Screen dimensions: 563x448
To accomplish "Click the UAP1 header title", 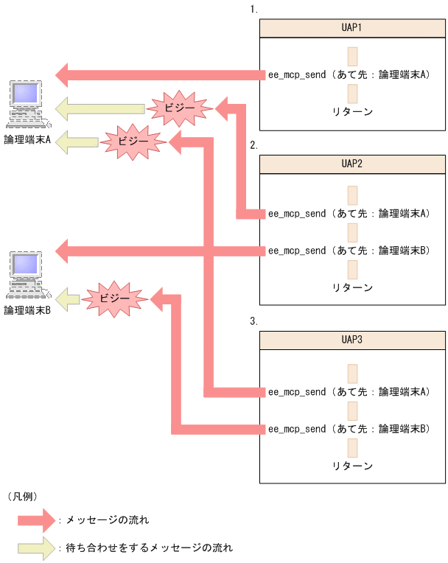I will coord(352,28).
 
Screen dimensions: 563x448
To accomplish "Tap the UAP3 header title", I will coord(352,342).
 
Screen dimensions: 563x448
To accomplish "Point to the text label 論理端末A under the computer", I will coord(27,139).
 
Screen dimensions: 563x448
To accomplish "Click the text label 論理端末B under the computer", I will coord(27,310).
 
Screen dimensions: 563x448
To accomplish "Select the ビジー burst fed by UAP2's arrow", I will coord(181,109).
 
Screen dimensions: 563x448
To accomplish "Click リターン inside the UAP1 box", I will coord(352,111).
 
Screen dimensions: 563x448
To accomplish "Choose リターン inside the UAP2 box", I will coord(352,287).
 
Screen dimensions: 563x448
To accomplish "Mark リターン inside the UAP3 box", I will coord(352,466).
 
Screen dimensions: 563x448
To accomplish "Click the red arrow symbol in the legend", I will coord(36,520).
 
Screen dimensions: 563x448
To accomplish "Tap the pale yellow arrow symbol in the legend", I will coord(36,548).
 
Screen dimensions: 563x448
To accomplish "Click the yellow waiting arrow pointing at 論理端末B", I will coord(67,299).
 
